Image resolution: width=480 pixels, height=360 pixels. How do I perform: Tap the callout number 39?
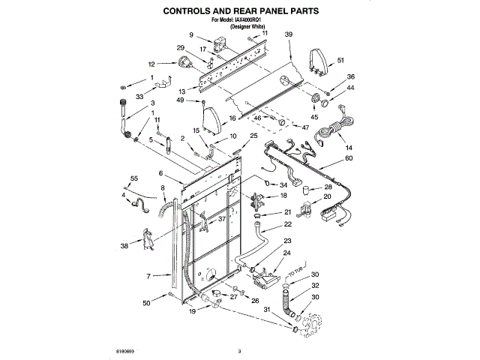click(289, 35)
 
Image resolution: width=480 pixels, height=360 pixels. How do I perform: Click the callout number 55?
click(134, 178)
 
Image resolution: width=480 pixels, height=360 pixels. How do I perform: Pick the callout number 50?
click(147, 302)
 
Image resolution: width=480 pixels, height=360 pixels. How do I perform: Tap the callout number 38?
click(124, 245)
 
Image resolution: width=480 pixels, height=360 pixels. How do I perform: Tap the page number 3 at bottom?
click(238, 350)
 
